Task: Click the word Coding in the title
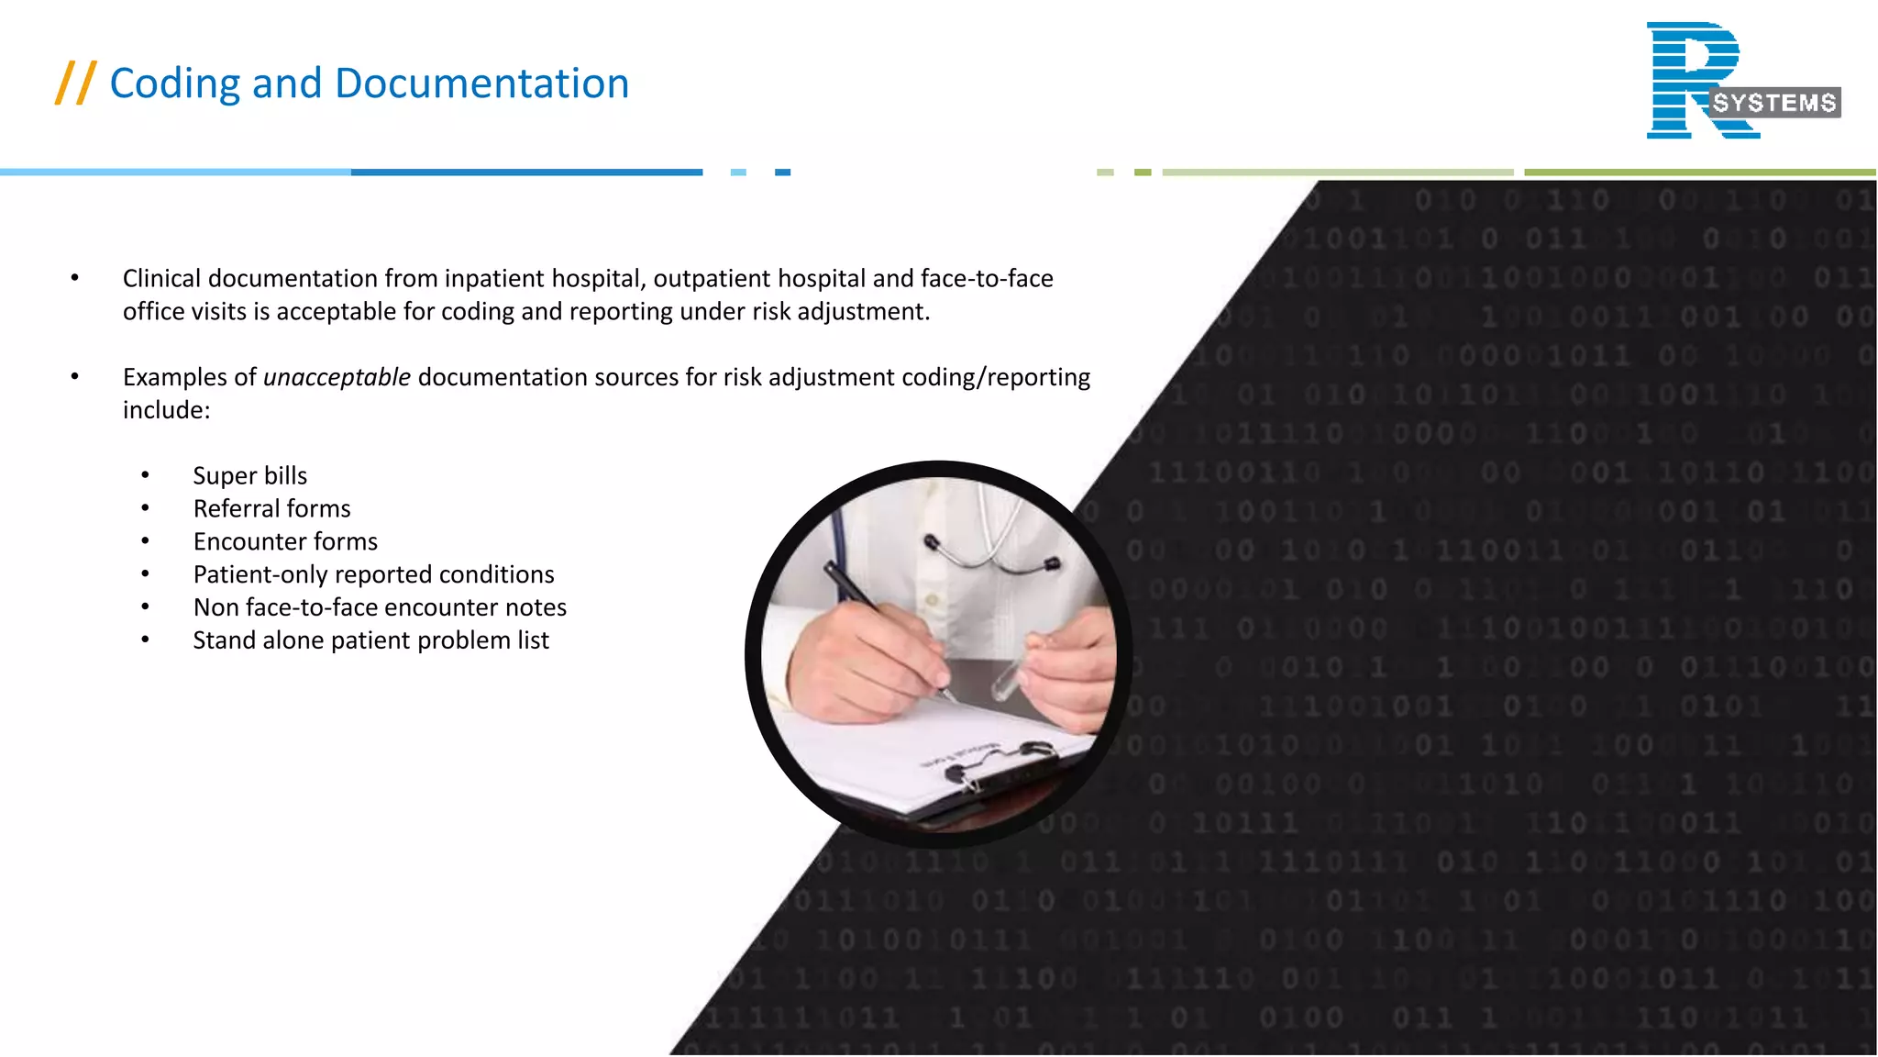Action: coord(174,84)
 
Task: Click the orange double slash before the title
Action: coord(75,83)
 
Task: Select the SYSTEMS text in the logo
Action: coord(1774,103)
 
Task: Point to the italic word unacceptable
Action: coord(337,377)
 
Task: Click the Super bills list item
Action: coord(249,475)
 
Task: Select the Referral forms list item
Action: coord(271,508)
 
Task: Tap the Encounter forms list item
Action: coord(285,541)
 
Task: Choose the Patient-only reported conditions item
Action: coord(373,574)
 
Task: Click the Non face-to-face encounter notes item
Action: coord(380,607)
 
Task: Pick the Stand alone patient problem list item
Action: coord(370,640)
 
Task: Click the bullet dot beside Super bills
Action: coord(145,475)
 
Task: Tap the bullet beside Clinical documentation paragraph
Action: coord(75,278)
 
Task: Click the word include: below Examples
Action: coord(166,410)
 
